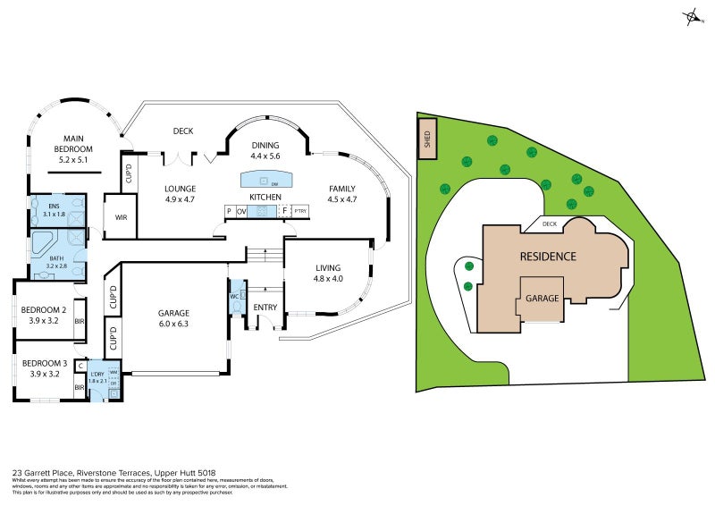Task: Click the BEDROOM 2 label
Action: [45, 314]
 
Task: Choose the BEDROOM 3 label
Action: [45, 368]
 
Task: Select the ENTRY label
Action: [265, 308]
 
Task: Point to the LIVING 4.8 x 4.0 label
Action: [328, 273]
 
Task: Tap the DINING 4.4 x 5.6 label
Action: [265, 150]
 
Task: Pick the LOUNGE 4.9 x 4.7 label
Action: [180, 194]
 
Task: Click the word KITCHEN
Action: [265, 197]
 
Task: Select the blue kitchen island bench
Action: [265, 179]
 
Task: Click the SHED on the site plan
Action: [427, 139]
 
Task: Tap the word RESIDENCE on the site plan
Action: [548, 257]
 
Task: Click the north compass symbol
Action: [691, 16]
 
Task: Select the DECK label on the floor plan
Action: [183, 131]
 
